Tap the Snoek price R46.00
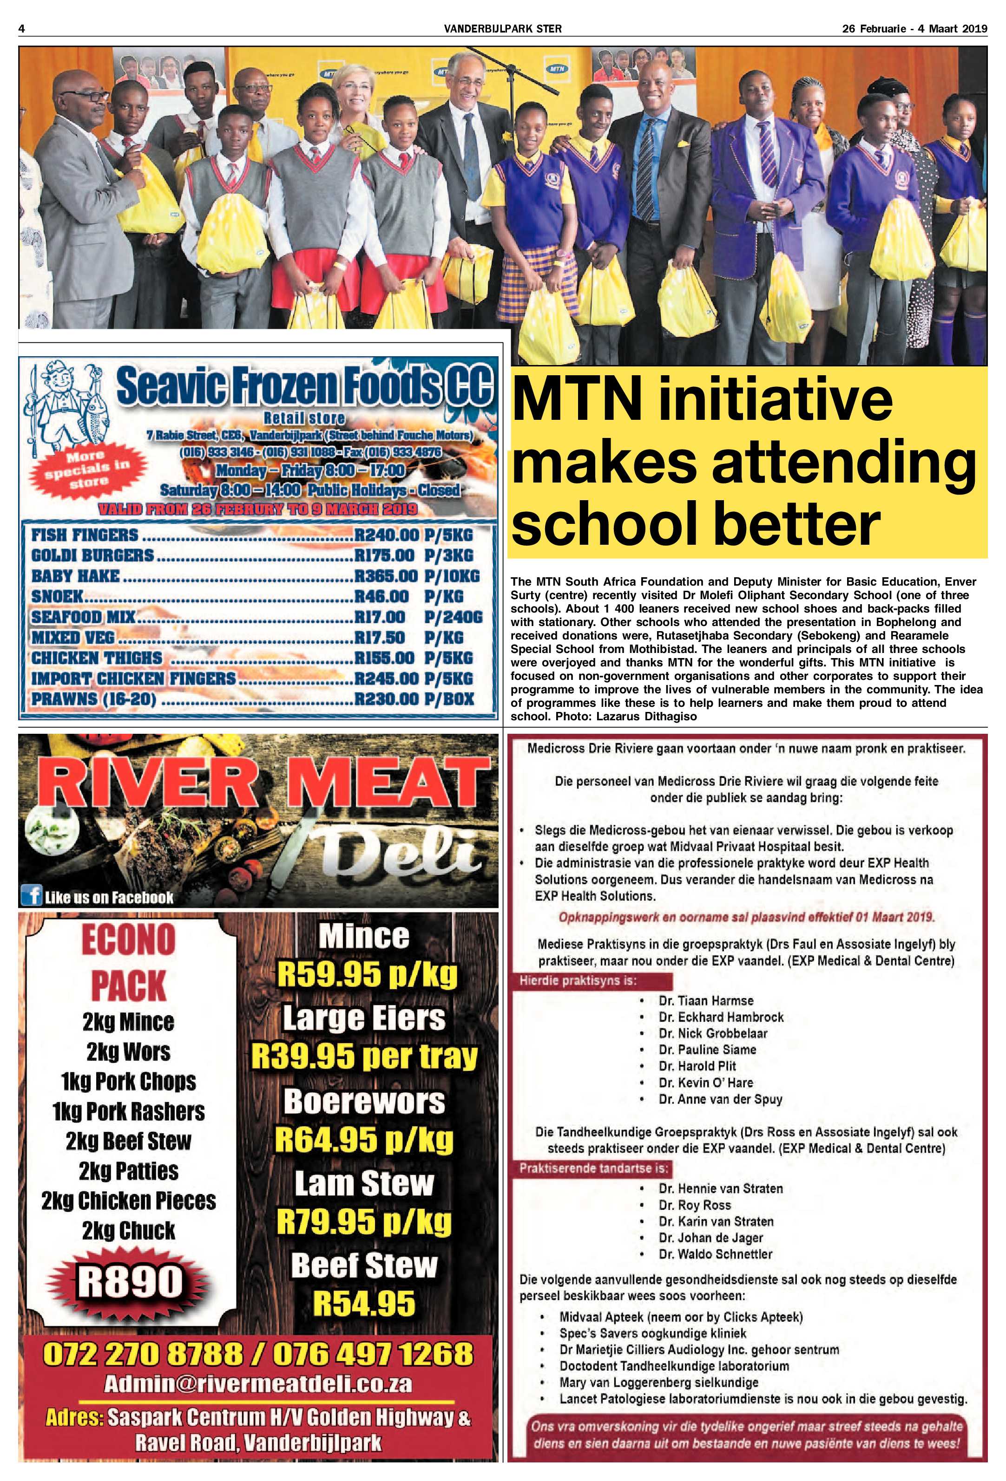(381, 596)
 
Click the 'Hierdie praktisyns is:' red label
(578, 981)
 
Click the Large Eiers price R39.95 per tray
(364, 1057)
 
